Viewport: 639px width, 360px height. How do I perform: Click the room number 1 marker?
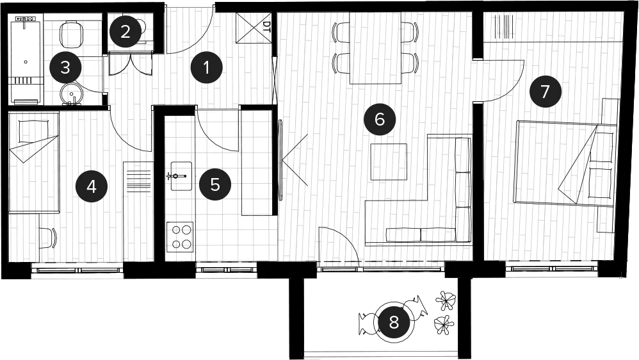[207, 68]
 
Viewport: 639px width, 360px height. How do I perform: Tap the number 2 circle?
[125, 32]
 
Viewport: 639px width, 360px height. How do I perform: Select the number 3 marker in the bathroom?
[65, 68]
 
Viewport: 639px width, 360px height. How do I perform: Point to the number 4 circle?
[92, 187]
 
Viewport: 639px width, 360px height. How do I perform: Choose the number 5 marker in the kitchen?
[215, 184]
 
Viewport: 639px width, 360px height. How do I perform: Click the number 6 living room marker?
[380, 119]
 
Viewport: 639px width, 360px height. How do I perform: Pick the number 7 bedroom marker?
[546, 92]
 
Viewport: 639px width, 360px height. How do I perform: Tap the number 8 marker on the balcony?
[394, 322]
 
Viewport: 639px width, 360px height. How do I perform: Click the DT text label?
[266, 27]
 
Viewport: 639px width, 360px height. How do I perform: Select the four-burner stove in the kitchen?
[179, 237]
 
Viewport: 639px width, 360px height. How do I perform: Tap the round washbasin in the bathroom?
[72, 94]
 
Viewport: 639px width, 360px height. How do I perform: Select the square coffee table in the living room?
[389, 162]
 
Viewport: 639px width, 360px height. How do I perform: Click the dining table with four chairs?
[375, 47]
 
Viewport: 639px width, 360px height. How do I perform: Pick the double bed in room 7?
[565, 163]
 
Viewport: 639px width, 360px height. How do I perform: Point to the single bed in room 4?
[34, 162]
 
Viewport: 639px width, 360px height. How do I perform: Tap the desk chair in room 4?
[48, 238]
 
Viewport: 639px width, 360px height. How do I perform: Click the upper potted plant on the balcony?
[446, 300]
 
